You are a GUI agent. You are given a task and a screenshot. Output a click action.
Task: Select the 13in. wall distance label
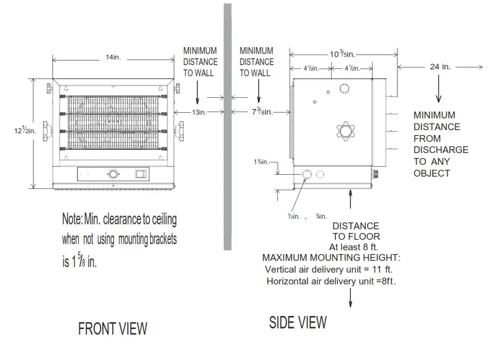coord(198,112)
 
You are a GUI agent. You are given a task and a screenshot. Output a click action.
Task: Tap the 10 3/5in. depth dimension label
coord(342,54)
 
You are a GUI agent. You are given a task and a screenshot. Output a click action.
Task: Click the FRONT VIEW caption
coord(112,328)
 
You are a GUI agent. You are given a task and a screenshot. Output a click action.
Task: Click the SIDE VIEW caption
coord(298,322)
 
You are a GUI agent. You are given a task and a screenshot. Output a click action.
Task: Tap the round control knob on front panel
coord(113,174)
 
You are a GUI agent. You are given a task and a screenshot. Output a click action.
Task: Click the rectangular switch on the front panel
coord(142,174)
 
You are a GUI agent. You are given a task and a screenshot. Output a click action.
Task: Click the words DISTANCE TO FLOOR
coord(356,231)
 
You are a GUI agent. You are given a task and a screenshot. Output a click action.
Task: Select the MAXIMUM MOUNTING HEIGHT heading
coord(331,257)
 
